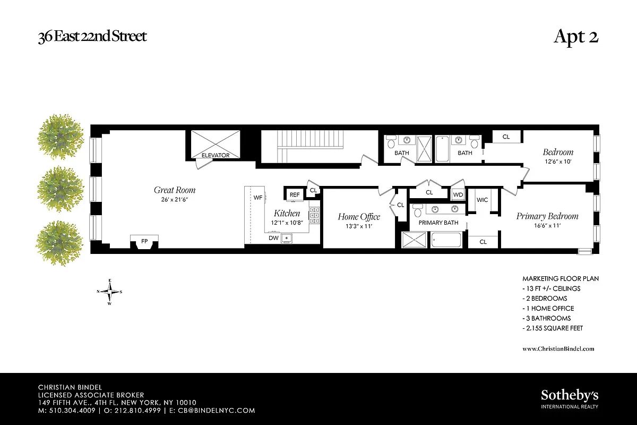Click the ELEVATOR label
pyautogui.click(x=216, y=155)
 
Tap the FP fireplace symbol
pyautogui.click(x=144, y=242)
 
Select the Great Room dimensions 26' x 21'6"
pyautogui.click(x=175, y=200)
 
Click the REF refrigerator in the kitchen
pyautogui.click(x=295, y=195)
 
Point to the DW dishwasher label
pyautogui.click(x=273, y=238)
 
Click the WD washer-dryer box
pyautogui.click(x=458, y=195)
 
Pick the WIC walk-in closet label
pyautogui.click(x=482, y=200)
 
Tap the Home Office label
pyautogui.click(x=359, y=217)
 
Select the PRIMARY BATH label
pyautogui.click(x=438, y=223)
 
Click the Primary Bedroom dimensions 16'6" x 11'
pyautogui.click(x=547, y=226)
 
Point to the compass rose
pyautogui.click(x=110, y=291)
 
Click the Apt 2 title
pyautogui.click(x=576, y=37)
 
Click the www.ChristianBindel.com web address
pyautogui.click(x=558, y=348)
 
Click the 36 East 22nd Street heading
pyautogui.click(x=92, y=37)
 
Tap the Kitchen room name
pyautogui.click(x=287, y=213)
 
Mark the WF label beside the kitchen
pyautogui.click(x=258, y=198)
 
